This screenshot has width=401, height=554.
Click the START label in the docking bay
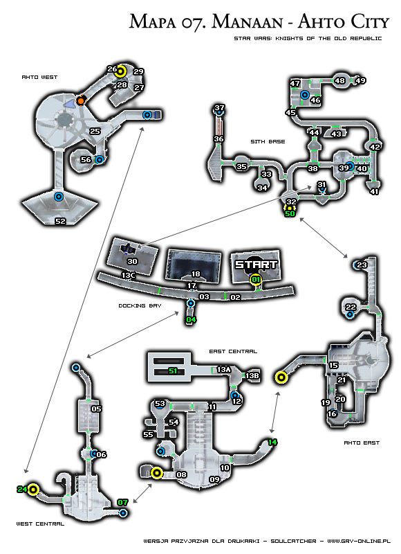click(256, 265)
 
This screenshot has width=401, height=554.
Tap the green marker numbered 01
click(256, 279)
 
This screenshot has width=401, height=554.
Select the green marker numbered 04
click(192, 319)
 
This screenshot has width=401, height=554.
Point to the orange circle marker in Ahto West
click(81, 101)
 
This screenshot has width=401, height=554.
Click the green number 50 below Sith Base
click(290, 213)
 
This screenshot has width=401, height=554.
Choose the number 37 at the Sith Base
click(220, 108)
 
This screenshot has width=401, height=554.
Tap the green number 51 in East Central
click(173, 371)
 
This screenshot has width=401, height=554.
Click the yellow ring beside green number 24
click(33, 490)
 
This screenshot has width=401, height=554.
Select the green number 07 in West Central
click(123, 502)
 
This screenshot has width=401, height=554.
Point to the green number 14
click(272, 442)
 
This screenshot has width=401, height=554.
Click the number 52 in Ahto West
click(60, 222)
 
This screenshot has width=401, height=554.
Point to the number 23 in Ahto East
click(362, 265)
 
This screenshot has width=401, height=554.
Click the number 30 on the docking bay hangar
click(132, 261)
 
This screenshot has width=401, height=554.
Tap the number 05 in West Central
click(96, 409)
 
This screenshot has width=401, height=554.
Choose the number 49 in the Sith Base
click(360, 81)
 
